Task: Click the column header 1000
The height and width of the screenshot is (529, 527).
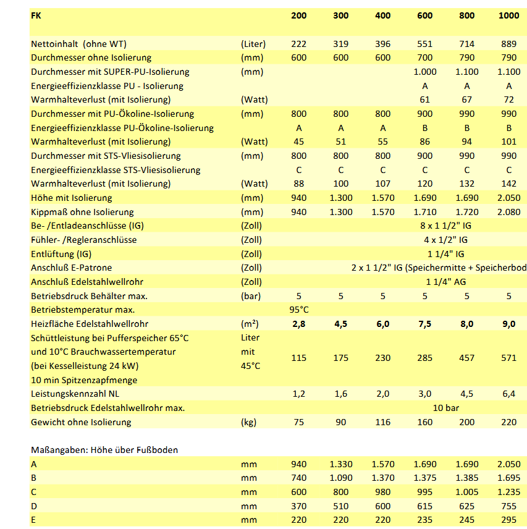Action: [509, 15]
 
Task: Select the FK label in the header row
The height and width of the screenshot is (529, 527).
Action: [36, 15]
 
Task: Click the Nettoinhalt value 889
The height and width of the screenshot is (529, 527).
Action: [509, 44]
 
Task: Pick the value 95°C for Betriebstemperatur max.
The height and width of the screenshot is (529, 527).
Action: [299, 310]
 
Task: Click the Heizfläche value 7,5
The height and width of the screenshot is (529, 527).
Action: [425, 324]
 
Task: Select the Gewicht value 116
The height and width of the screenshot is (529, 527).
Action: [383, 422]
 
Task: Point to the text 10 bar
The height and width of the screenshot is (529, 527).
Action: [445, 408]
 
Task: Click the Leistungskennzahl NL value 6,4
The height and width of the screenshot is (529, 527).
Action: [509, 394]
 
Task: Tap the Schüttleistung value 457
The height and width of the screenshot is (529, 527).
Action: [467, 358]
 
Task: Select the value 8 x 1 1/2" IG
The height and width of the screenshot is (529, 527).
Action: [445, 226]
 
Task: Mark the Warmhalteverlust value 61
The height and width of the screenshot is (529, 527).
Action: [425, 99]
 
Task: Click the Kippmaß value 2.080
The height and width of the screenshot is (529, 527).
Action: [509, 212]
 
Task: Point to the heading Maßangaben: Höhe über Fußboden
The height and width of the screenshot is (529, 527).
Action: [104, 450]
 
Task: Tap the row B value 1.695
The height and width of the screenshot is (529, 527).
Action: [509, 478]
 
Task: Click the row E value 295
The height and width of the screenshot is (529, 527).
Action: [509, 520]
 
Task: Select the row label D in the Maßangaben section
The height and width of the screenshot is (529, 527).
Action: [34, 506]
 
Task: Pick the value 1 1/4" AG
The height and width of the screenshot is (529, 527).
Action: [445, 282]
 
